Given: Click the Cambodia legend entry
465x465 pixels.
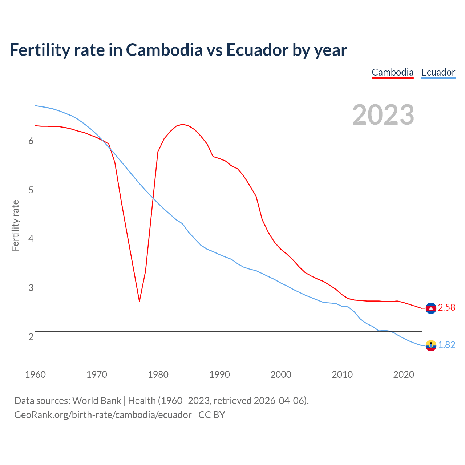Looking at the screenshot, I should coord(392,72).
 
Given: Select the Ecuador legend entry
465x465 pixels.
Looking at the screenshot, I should coord(438,72).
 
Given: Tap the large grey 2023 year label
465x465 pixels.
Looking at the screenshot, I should coord(383,115).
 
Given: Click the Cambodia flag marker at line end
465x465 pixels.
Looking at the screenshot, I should coord(431,308).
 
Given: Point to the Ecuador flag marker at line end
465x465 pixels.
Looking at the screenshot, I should coord(431,345).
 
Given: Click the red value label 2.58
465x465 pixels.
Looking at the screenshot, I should coord(446,308).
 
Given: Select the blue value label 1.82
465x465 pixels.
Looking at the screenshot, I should coord(446,345).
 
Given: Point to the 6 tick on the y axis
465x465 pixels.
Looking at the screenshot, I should coord(31,141).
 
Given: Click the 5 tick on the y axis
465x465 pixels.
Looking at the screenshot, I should coord(31,190).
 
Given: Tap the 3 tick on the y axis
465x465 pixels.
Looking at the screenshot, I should coord(31,288).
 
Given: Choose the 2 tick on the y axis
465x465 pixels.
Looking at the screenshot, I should coord(31,337).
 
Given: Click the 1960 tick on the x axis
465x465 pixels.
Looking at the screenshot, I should coord(35,375).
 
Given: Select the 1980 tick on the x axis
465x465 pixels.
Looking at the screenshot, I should coord(158,375).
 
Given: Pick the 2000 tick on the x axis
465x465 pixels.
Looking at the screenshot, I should coord(281,375).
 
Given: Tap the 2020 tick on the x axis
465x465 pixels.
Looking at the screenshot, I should coord(404,375).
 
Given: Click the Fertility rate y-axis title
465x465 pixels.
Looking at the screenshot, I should coord(15,225).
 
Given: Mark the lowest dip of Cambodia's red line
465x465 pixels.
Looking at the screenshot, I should coord(139,301).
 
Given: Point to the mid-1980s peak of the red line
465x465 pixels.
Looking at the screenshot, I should coord(182,124).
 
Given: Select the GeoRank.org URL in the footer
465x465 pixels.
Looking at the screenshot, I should coord(103,415).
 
